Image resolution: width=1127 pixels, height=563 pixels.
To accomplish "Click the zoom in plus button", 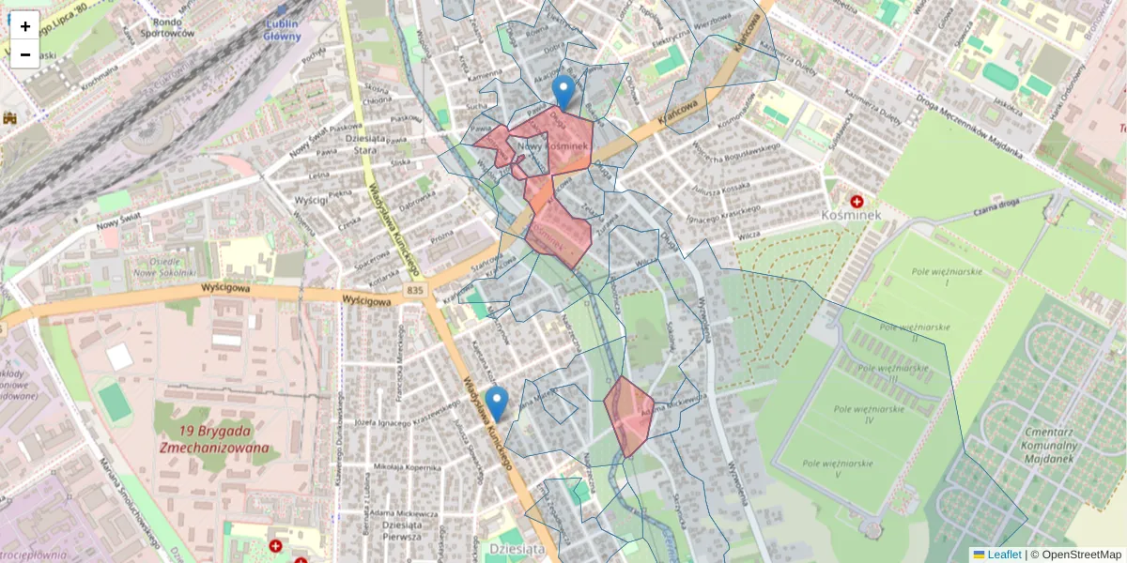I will tap(25, 26).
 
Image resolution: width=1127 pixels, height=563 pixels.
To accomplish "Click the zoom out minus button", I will tap(25, 54).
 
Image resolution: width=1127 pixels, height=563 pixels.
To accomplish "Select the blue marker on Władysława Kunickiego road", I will tap(497, 403).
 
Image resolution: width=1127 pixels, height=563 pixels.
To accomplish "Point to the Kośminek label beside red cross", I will tap(849, 215).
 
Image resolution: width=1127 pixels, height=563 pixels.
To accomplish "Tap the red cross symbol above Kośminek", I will tap(857, 201).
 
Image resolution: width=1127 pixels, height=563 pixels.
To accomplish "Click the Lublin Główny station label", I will tap(279, 30).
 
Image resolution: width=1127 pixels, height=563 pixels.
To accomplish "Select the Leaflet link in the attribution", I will tap(1004, 555).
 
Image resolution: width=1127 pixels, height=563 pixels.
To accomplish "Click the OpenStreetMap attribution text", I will tap(1081, 555).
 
